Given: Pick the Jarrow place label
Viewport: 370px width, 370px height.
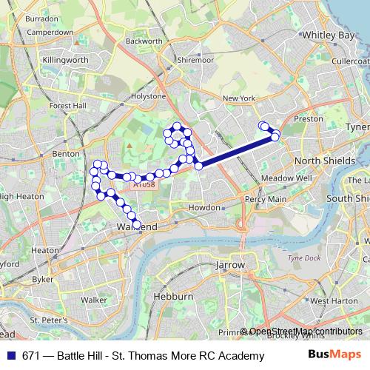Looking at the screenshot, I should pyautogui.click(x=229, y=263).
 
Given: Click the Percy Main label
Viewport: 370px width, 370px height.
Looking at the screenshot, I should pyautogui.click(x=266, y=199).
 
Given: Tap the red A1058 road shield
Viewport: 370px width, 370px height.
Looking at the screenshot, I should pyautogui.click(x=144, y=185).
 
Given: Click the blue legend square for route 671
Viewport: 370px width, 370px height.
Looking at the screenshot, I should pyautogui.click(x=10, y=356).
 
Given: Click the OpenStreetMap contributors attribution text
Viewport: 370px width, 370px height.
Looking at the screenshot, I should pyautogui.click(x=306, y=332).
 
